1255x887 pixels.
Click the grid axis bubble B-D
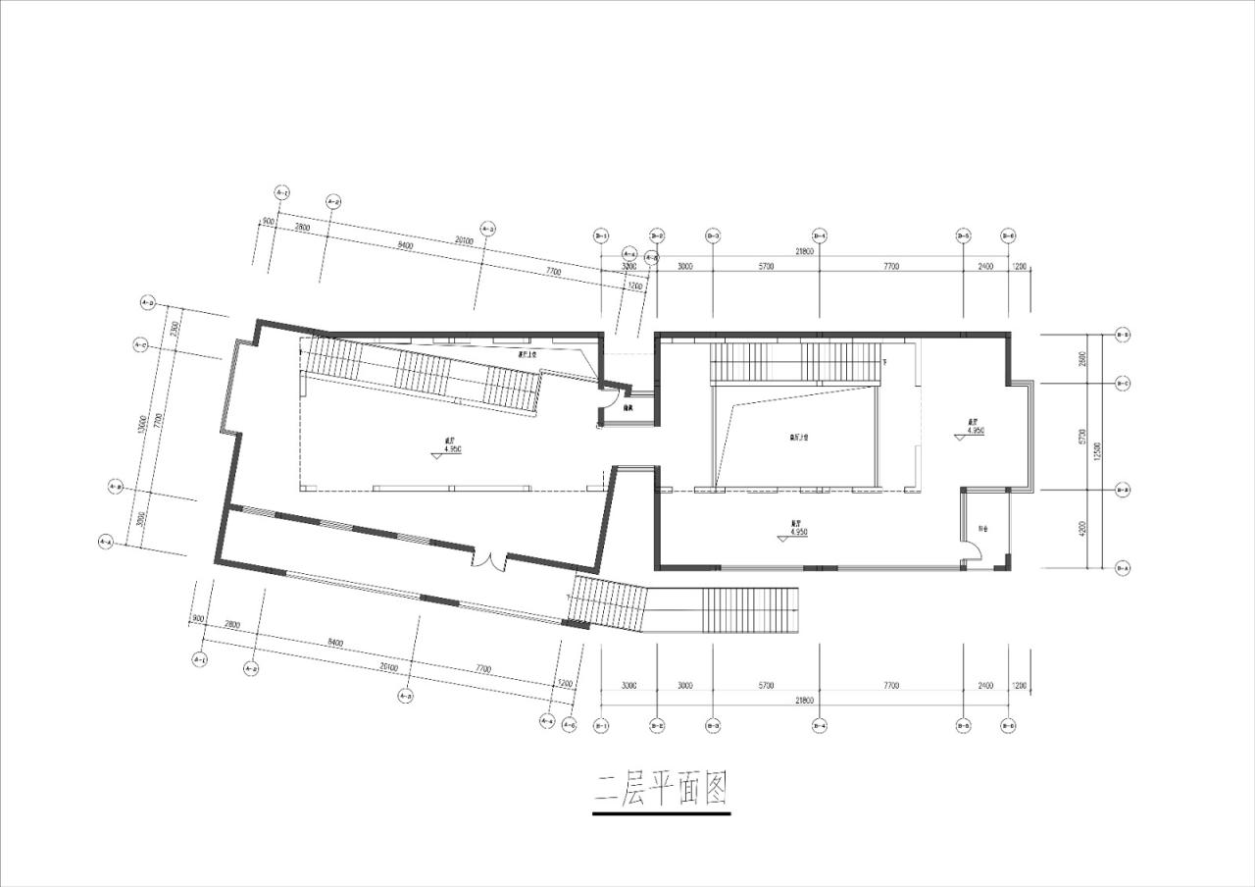pyautogui.click(x=1123, y=336)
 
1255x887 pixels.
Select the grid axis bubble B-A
pyautogui.click(x=1123, y=568)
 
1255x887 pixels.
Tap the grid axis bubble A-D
pyautogui.click(x=149, y=302)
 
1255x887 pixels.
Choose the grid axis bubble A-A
pyautogui.click(x=106, y=541)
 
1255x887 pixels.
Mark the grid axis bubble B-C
pyautogui.click(x=1123, y=383)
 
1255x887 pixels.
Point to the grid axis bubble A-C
pyautogui.click(x=140, y=344)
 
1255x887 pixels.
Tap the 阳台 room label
pyautogui.click(x=981, y=530)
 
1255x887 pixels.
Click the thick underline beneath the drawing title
pyautogui.click(x=662, y=813)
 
